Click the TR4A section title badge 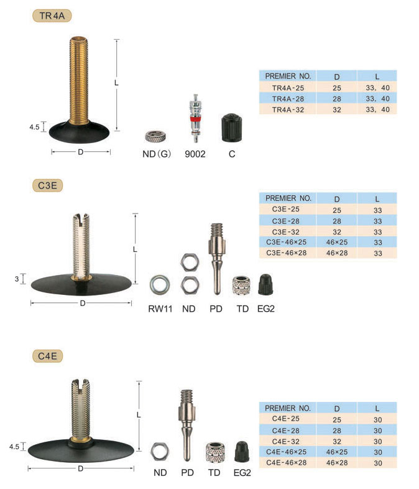click(x=52, y=16)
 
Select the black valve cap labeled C click(x=231, y=128)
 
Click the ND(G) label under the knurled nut click(x=157, y=154)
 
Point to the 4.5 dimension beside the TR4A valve click(x=34, y=127)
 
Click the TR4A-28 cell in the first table click(x=288, y=99)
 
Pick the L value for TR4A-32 click(x=377, y=109)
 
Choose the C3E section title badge click(x=47, y=185)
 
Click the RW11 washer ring click(x=160, y=285)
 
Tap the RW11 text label click(x=160, y=309)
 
